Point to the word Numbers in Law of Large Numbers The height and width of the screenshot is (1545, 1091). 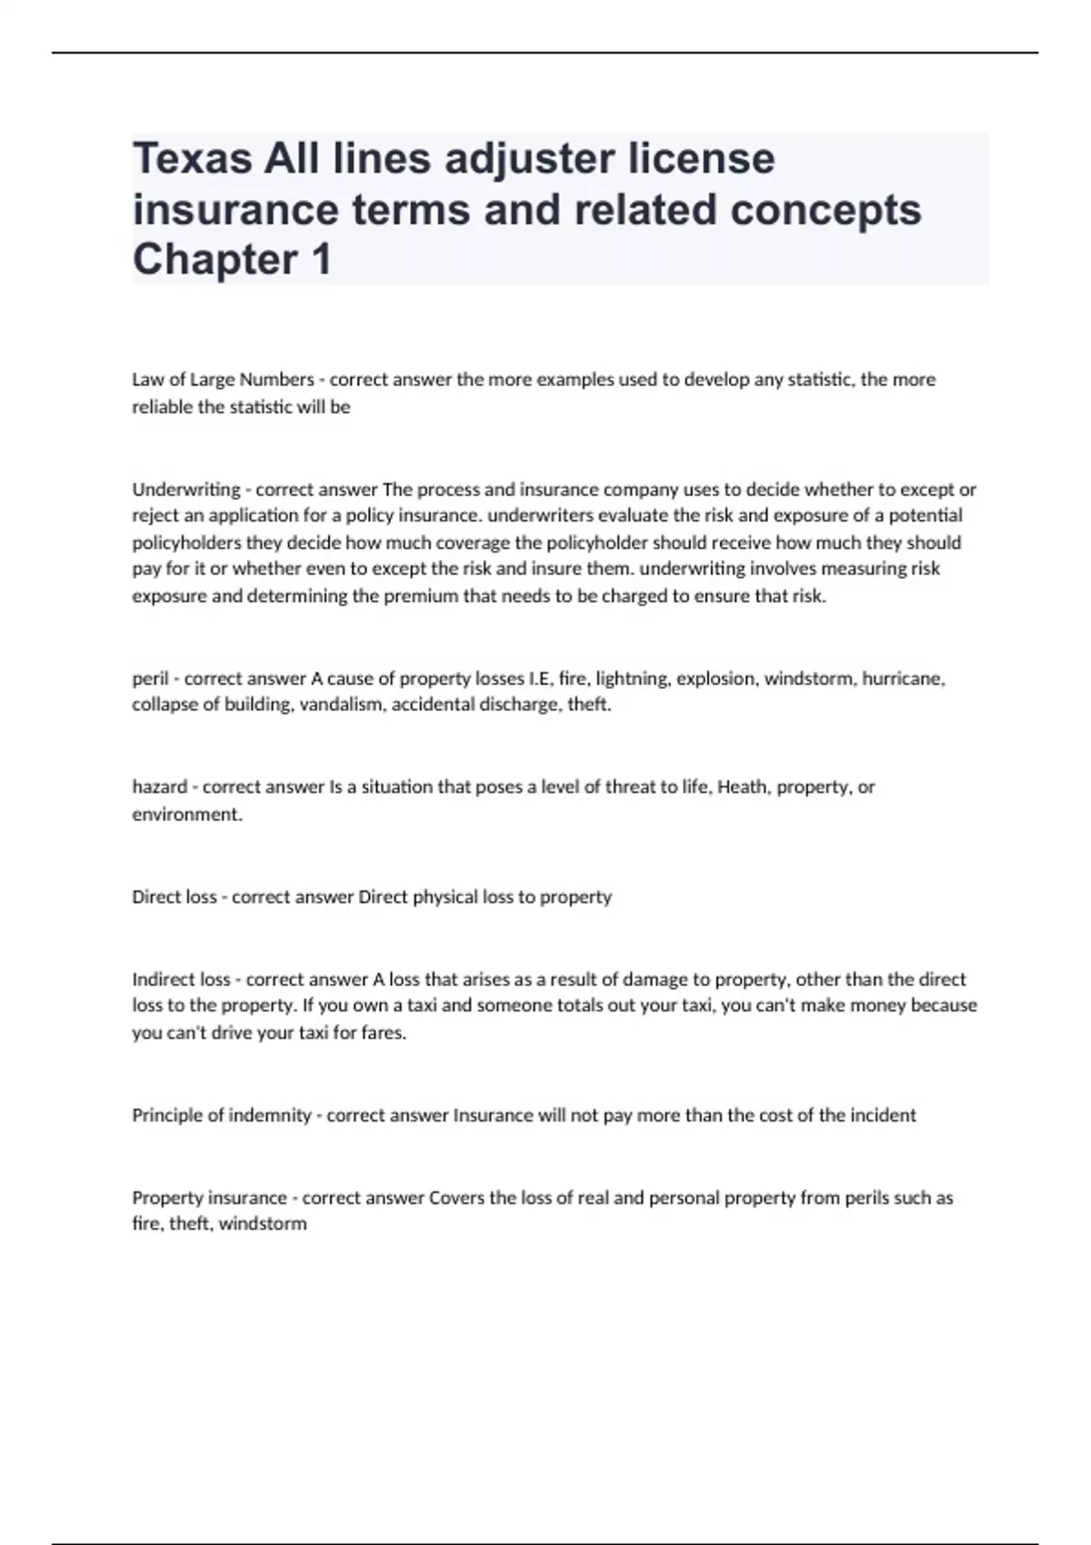[x=276, y=380]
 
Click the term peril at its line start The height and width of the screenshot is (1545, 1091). [x=150, y=679]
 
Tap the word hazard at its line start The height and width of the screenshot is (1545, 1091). [x=159, y=787]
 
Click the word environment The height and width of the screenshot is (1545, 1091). [x=186, y=814]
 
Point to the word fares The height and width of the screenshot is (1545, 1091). [x=383, y=1033]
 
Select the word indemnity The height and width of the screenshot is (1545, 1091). [x=269, y=1115]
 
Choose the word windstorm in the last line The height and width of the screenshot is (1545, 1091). [x=263, y=1224]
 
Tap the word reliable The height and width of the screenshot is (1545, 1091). [x=164, y=407]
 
